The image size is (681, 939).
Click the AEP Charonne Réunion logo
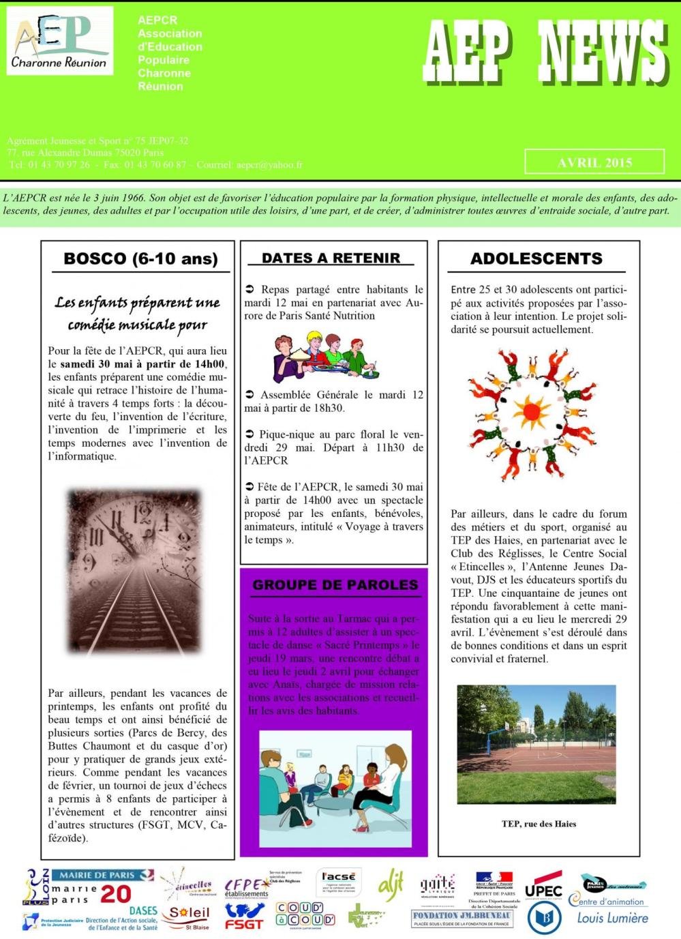pyautogui.click(x=60, y=42)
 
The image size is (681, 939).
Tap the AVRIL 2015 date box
pyautogui.click(x=594, y=162)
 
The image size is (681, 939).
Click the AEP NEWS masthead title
pyautogui.click(x=544, y=53)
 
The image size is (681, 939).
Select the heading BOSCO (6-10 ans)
pyautogui.click(x=140, y=258)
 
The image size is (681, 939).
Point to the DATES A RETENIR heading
pyautogui.click(x=331, y=258)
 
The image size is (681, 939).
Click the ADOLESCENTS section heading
pyautogui.click(x=536, y=258)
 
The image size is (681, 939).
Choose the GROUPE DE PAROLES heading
pyautogui.click(x=335, y=584)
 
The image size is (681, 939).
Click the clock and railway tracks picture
pyautogui.click(x=134, y=571)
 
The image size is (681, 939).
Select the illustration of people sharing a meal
pyautogui.click(x=324, y=357)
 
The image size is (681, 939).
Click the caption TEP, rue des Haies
pyautogui.click(x=539, y=824)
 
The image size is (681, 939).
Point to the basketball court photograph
pyautogui.click(x=536, y=744)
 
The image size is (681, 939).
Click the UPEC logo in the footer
pyautogui.click(x=543, y=891)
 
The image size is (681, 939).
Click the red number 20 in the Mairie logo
pyautogui.click(x=116, y=894)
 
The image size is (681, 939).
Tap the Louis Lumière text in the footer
pyautogui.click(x=612, y=918)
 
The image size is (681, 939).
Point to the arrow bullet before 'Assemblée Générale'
pyautogui.click(x=249, y=395)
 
